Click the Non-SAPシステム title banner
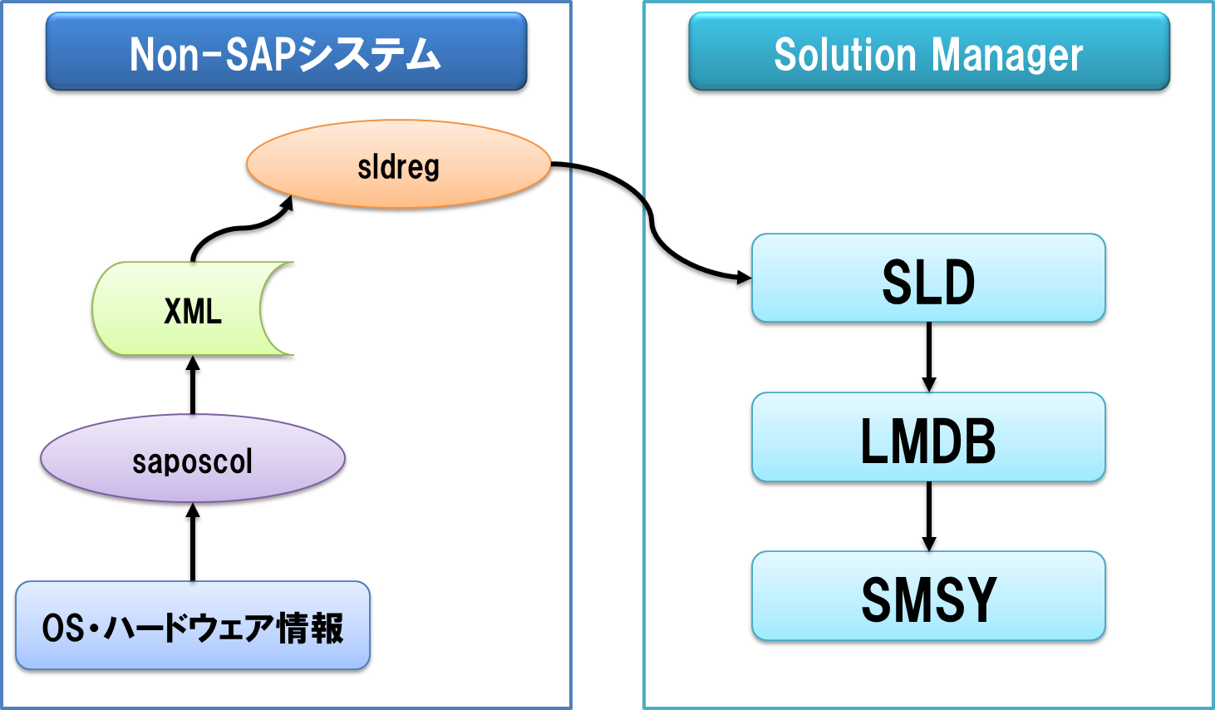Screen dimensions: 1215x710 coord(287,51)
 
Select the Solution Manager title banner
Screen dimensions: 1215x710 coord(929,51)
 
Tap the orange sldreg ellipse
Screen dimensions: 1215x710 coord(399,164)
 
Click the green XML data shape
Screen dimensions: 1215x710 coord(193,309)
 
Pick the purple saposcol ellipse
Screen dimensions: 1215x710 coord(193,459)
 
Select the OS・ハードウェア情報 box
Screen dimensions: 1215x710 coord(193,625)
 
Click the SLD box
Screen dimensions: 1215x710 coord(928,278)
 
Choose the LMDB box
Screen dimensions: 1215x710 coord(928,437)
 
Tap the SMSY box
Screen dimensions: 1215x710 coord(928,596)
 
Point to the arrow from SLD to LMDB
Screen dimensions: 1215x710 coord(928,357)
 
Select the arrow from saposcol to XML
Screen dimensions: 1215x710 coord(193,386)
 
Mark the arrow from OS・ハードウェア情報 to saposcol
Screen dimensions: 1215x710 coord(193,542)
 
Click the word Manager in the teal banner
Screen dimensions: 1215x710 coord(1007,55)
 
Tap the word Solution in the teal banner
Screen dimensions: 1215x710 coord(844,54)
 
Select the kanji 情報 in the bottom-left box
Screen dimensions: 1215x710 coord(310,628)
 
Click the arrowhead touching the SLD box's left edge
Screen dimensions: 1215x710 coord(745,278)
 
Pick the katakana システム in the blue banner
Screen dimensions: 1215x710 coord(369,54)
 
